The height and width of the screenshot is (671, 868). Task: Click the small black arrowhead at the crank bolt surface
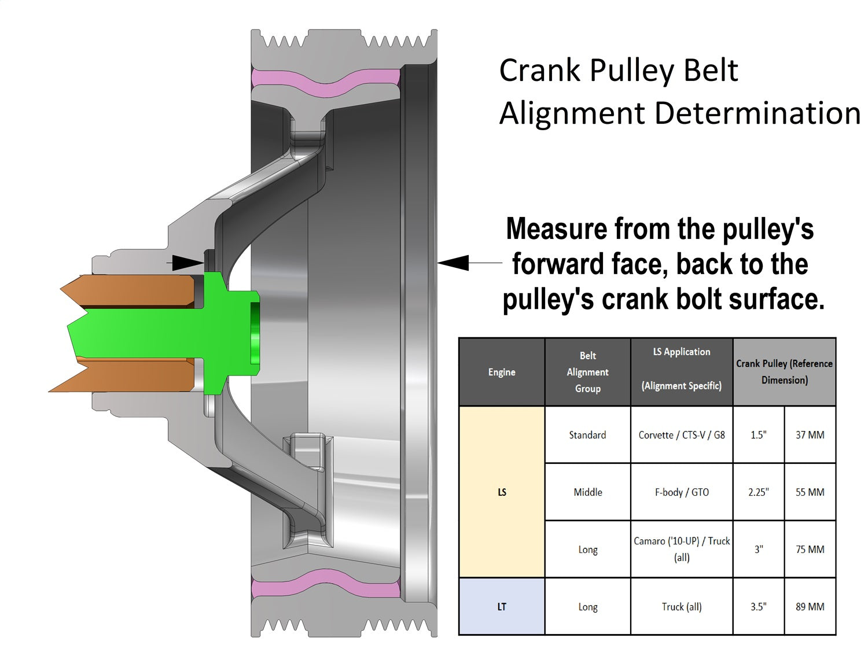click(189, 263)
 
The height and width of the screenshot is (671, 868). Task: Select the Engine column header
click(501, 372)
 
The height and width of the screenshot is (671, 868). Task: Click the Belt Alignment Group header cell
click(587, 372)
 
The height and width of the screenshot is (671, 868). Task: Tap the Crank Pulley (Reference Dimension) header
click(784, 372)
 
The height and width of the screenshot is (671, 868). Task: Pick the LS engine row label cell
click(501, 492)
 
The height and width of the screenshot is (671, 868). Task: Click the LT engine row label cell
click(501, 606)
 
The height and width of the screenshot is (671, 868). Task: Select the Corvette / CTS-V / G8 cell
click(681, 434)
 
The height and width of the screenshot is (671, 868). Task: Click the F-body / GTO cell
click(681, 492)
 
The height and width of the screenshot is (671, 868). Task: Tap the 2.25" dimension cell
click(758, 492)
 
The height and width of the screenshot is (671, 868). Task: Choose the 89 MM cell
click(810, 606)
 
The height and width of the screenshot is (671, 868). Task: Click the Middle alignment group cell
click(587, 492)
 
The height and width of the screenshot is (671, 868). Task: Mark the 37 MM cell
click(810, 434)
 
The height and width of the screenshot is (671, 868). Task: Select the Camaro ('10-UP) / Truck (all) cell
click(681, 549)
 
